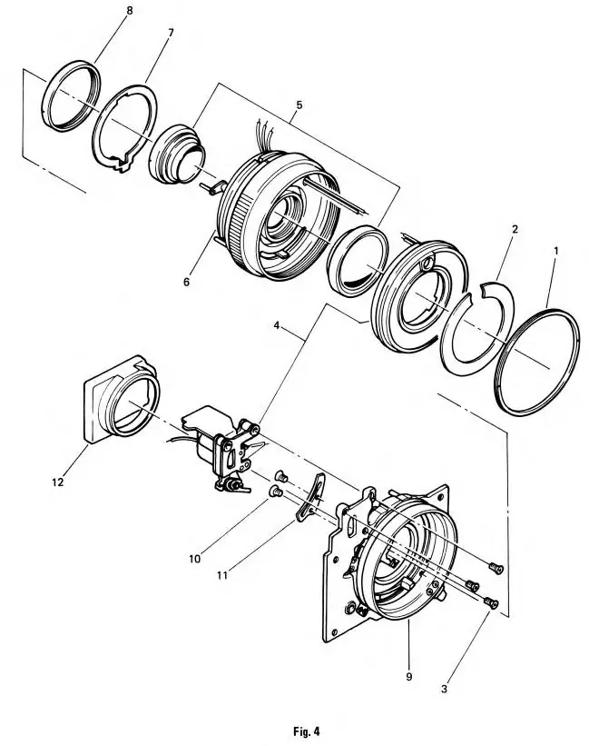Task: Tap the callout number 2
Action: (x=515, y=231)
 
